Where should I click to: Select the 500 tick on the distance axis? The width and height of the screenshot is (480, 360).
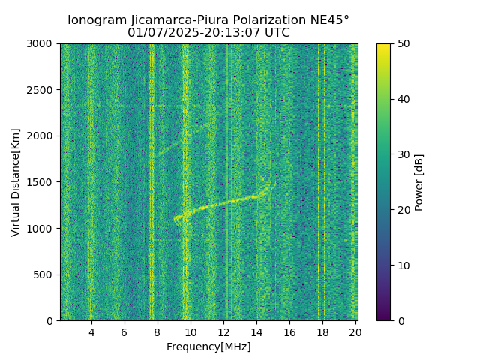point(46,274)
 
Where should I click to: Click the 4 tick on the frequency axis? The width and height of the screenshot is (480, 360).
point(91,332)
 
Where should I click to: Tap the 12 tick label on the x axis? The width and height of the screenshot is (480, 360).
point(223,332)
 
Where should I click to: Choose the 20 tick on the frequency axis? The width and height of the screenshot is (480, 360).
point(355,332)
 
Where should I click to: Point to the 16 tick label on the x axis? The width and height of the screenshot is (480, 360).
point(289,332)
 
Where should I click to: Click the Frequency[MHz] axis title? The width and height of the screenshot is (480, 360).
point(208,346)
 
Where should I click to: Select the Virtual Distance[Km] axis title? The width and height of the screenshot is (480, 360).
point(16,182)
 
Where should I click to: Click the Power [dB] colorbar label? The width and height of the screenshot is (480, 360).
point(419,182)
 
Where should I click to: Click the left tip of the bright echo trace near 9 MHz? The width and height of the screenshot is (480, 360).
point(175,219)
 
